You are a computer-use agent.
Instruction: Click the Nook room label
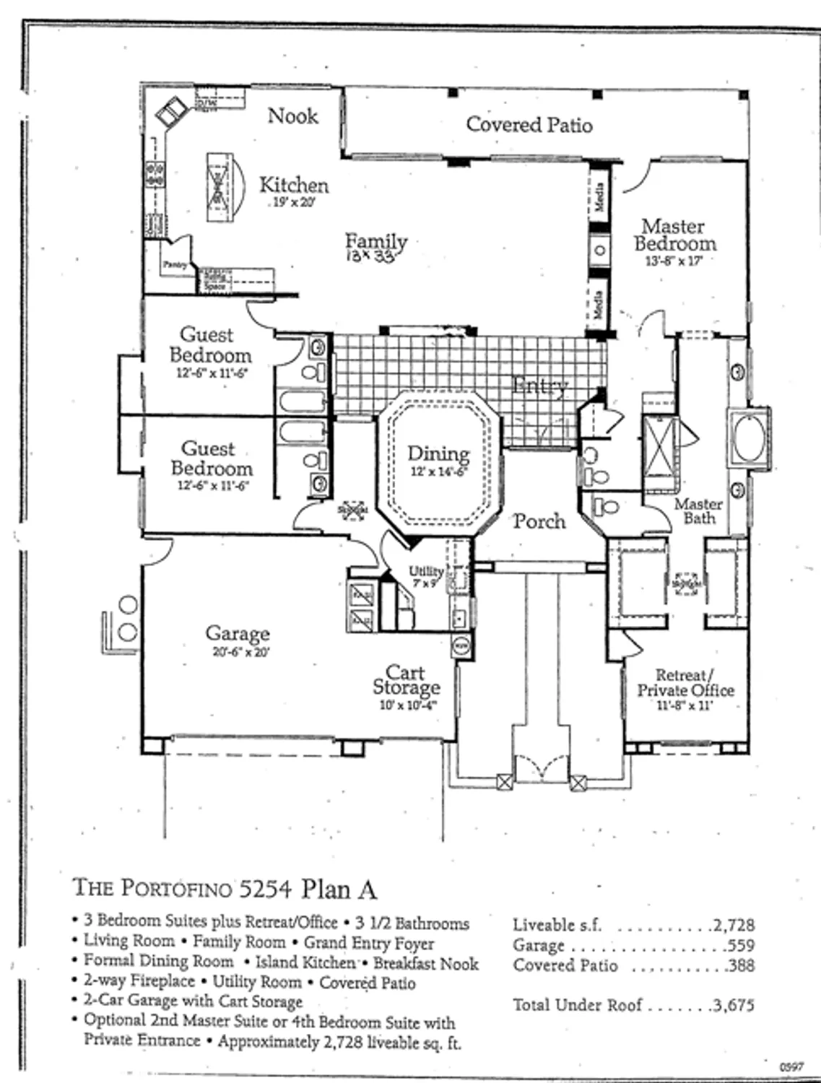point(292,116)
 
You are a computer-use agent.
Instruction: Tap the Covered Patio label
point(529,125)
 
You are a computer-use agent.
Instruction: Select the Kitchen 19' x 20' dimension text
point(294,203)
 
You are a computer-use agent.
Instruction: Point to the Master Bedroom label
point(675,235)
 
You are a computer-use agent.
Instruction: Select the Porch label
point(539,521)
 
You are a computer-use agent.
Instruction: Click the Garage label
point(238,634)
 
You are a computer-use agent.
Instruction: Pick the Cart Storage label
point(406,680)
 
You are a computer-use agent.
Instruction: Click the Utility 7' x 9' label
point(425,576)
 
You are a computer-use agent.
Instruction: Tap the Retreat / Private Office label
point(685,683)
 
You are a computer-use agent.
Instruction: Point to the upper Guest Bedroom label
point(210,345)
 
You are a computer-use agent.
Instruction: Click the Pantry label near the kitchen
point(174,265)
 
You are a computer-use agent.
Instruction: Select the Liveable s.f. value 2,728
point(734,925)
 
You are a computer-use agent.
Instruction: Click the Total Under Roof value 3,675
point(734,1005)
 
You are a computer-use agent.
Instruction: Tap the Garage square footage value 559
point(741,945)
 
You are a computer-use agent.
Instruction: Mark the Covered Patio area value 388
point(741,965)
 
